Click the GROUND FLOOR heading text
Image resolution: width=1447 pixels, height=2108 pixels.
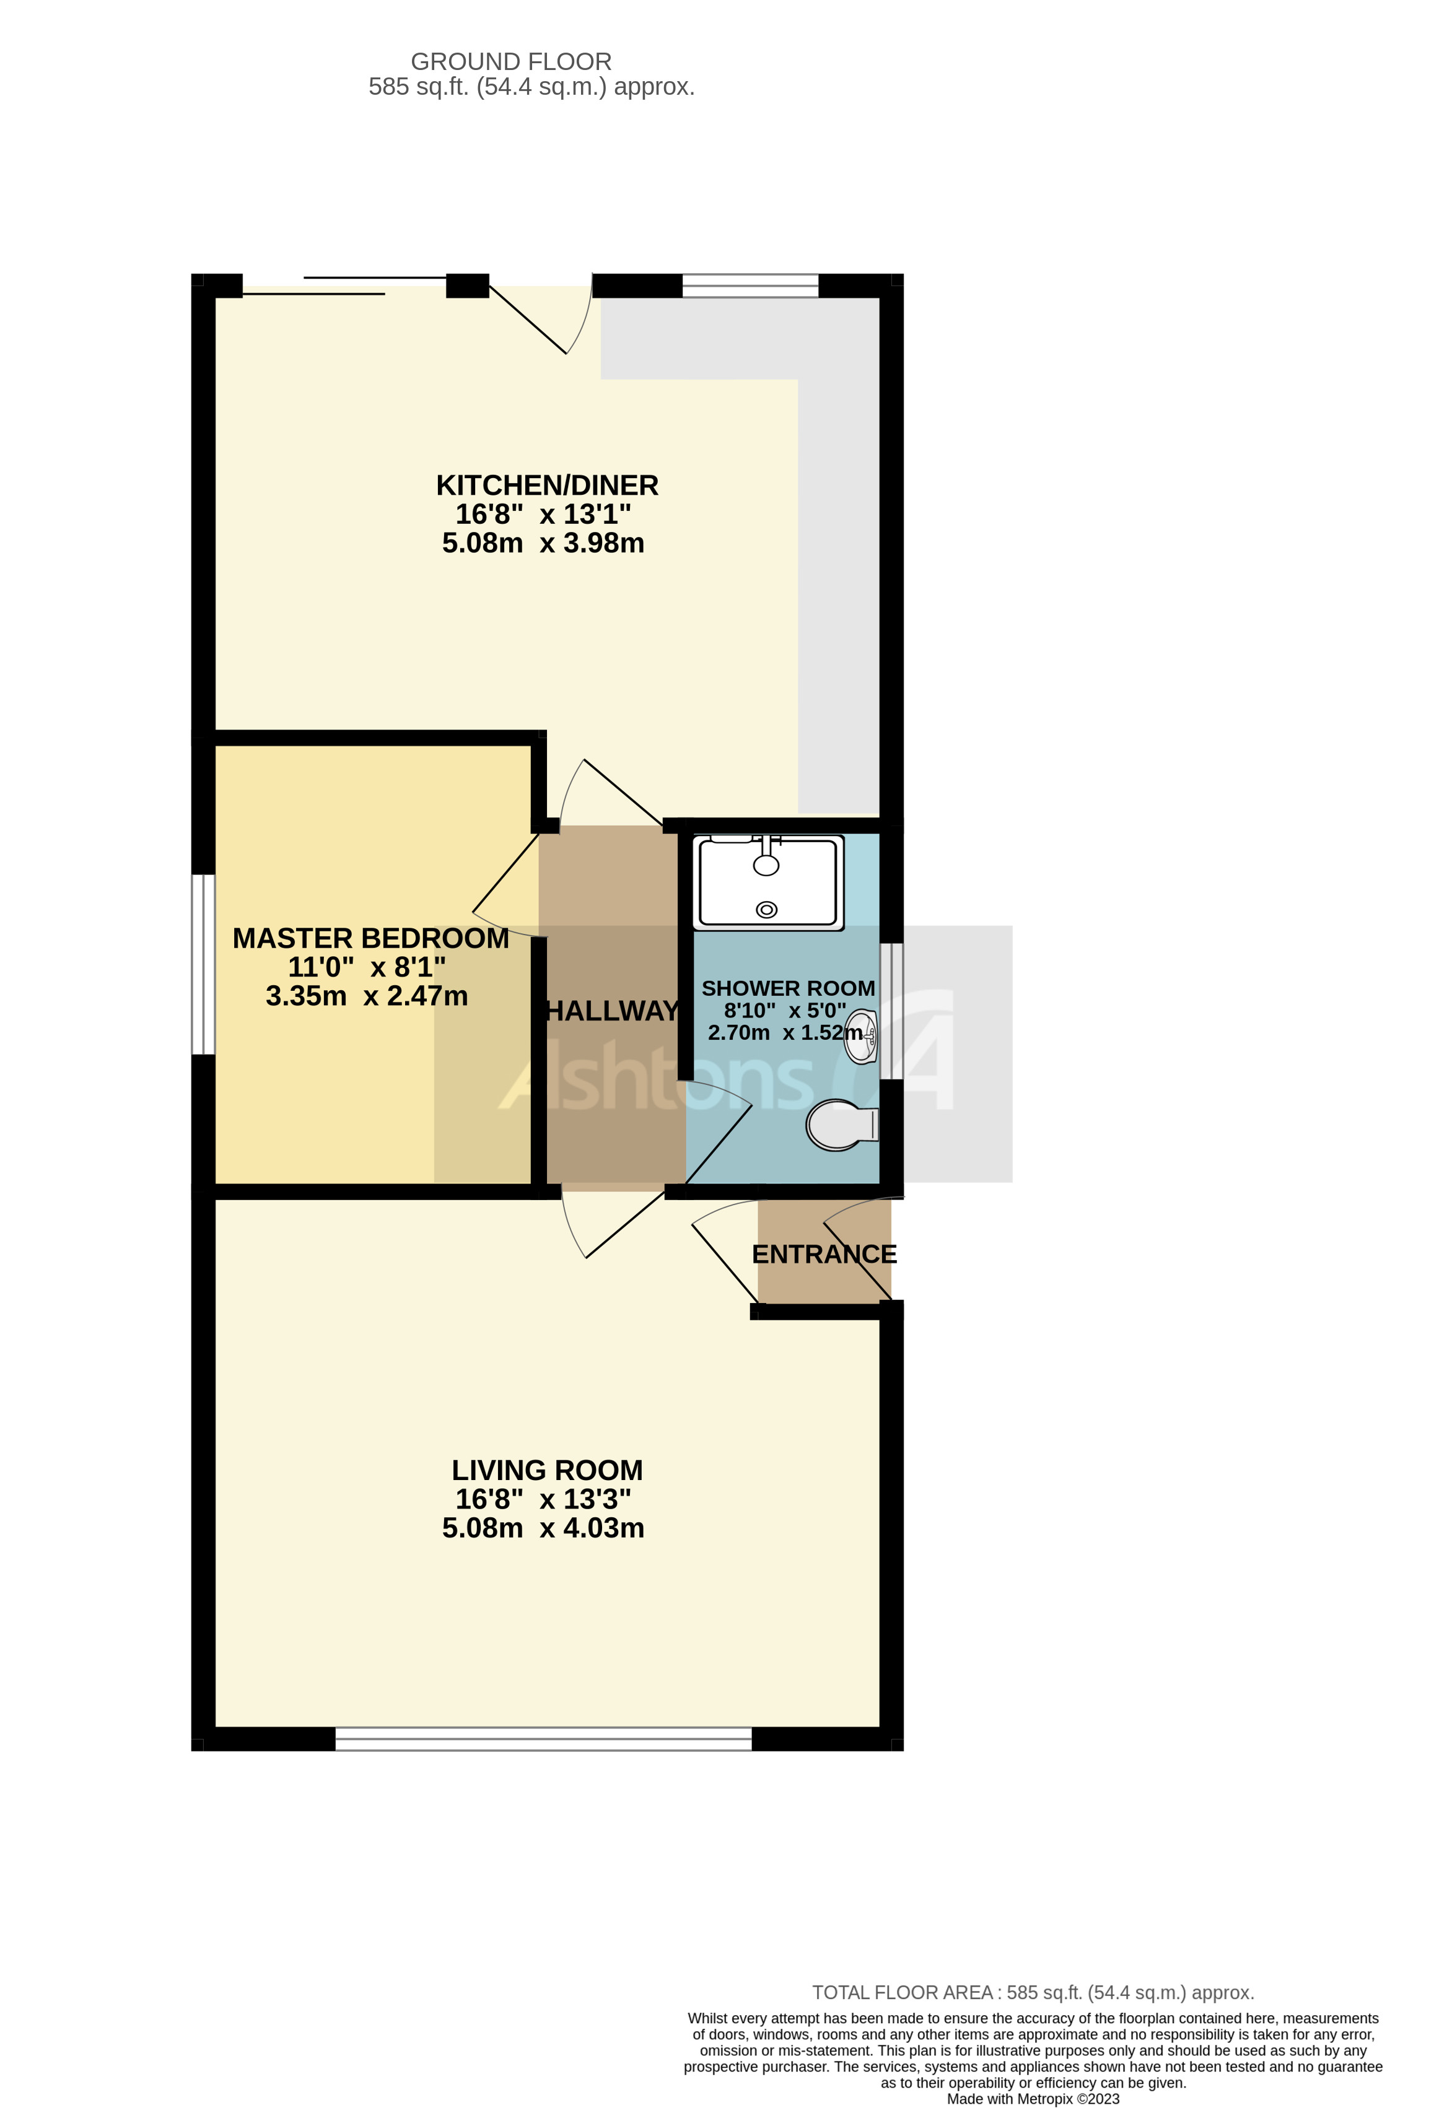point(511,62)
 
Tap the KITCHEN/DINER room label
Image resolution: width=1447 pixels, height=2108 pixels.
point(547,486)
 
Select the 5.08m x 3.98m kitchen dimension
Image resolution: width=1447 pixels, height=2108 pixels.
point(543,543)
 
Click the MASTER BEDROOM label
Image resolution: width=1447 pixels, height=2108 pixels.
point(370,938)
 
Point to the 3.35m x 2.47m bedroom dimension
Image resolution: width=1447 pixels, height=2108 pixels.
point(367,996)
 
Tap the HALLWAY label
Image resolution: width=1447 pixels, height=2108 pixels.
point(611,1011)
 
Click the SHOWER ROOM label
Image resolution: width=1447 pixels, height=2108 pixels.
point(787,988)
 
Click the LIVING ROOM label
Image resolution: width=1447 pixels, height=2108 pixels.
point(547,1470)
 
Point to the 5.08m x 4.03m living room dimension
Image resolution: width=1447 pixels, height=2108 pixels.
point(543,1528)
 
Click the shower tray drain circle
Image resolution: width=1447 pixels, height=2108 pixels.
point(767,909)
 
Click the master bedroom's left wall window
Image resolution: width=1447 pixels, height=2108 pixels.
point(203,964)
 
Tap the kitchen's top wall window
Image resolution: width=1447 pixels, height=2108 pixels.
point(750,285)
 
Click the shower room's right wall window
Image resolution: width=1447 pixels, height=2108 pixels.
point(892,1011)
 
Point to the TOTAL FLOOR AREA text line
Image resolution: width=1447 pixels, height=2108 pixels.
point(1033,1993)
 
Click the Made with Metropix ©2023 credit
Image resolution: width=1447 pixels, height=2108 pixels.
point(1033,2099)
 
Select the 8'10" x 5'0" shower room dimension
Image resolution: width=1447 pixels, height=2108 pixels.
point(785,1011)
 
